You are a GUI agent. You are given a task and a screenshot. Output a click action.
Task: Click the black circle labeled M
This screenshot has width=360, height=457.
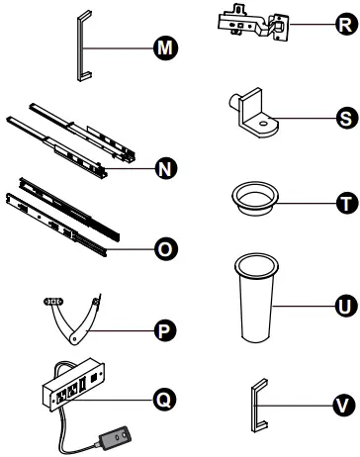tap(165, 48)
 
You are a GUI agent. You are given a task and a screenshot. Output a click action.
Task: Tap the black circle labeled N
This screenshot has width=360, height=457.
tap(165, 168)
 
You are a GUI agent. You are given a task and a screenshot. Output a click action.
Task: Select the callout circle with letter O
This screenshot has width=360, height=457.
tap(165, 248)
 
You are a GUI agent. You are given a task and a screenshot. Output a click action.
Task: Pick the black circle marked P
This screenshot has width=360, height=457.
tap(165, 330)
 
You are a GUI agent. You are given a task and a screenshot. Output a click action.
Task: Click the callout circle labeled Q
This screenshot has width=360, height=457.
tap(165, 400)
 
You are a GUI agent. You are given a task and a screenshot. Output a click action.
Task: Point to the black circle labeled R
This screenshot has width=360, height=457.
tap(346, 24)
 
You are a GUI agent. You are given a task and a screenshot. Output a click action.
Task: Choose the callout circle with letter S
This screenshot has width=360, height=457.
tap(347, 118)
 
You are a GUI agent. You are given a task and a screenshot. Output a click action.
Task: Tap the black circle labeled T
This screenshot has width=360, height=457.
tap(347, 203)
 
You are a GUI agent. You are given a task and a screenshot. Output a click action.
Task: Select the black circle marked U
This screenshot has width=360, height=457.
tap(346, 306)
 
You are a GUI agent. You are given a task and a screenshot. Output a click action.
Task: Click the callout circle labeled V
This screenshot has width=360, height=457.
tap(344, 405)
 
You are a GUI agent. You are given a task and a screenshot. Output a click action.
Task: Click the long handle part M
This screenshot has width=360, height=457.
tap(80, 46)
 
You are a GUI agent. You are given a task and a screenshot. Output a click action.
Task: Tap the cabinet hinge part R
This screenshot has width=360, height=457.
tap(254, 23)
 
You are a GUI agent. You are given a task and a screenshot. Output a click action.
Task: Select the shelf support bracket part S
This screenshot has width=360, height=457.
tap(252, 114)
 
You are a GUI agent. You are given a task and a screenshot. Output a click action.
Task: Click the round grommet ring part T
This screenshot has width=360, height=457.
tap(255, 199)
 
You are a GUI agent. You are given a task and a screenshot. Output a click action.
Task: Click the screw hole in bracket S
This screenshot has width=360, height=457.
tap(263, 124)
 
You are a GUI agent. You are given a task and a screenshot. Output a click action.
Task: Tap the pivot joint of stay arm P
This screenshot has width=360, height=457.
tap(75, 338)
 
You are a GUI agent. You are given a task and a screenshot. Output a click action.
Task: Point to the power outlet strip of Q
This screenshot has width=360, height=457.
tap(74, 384)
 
